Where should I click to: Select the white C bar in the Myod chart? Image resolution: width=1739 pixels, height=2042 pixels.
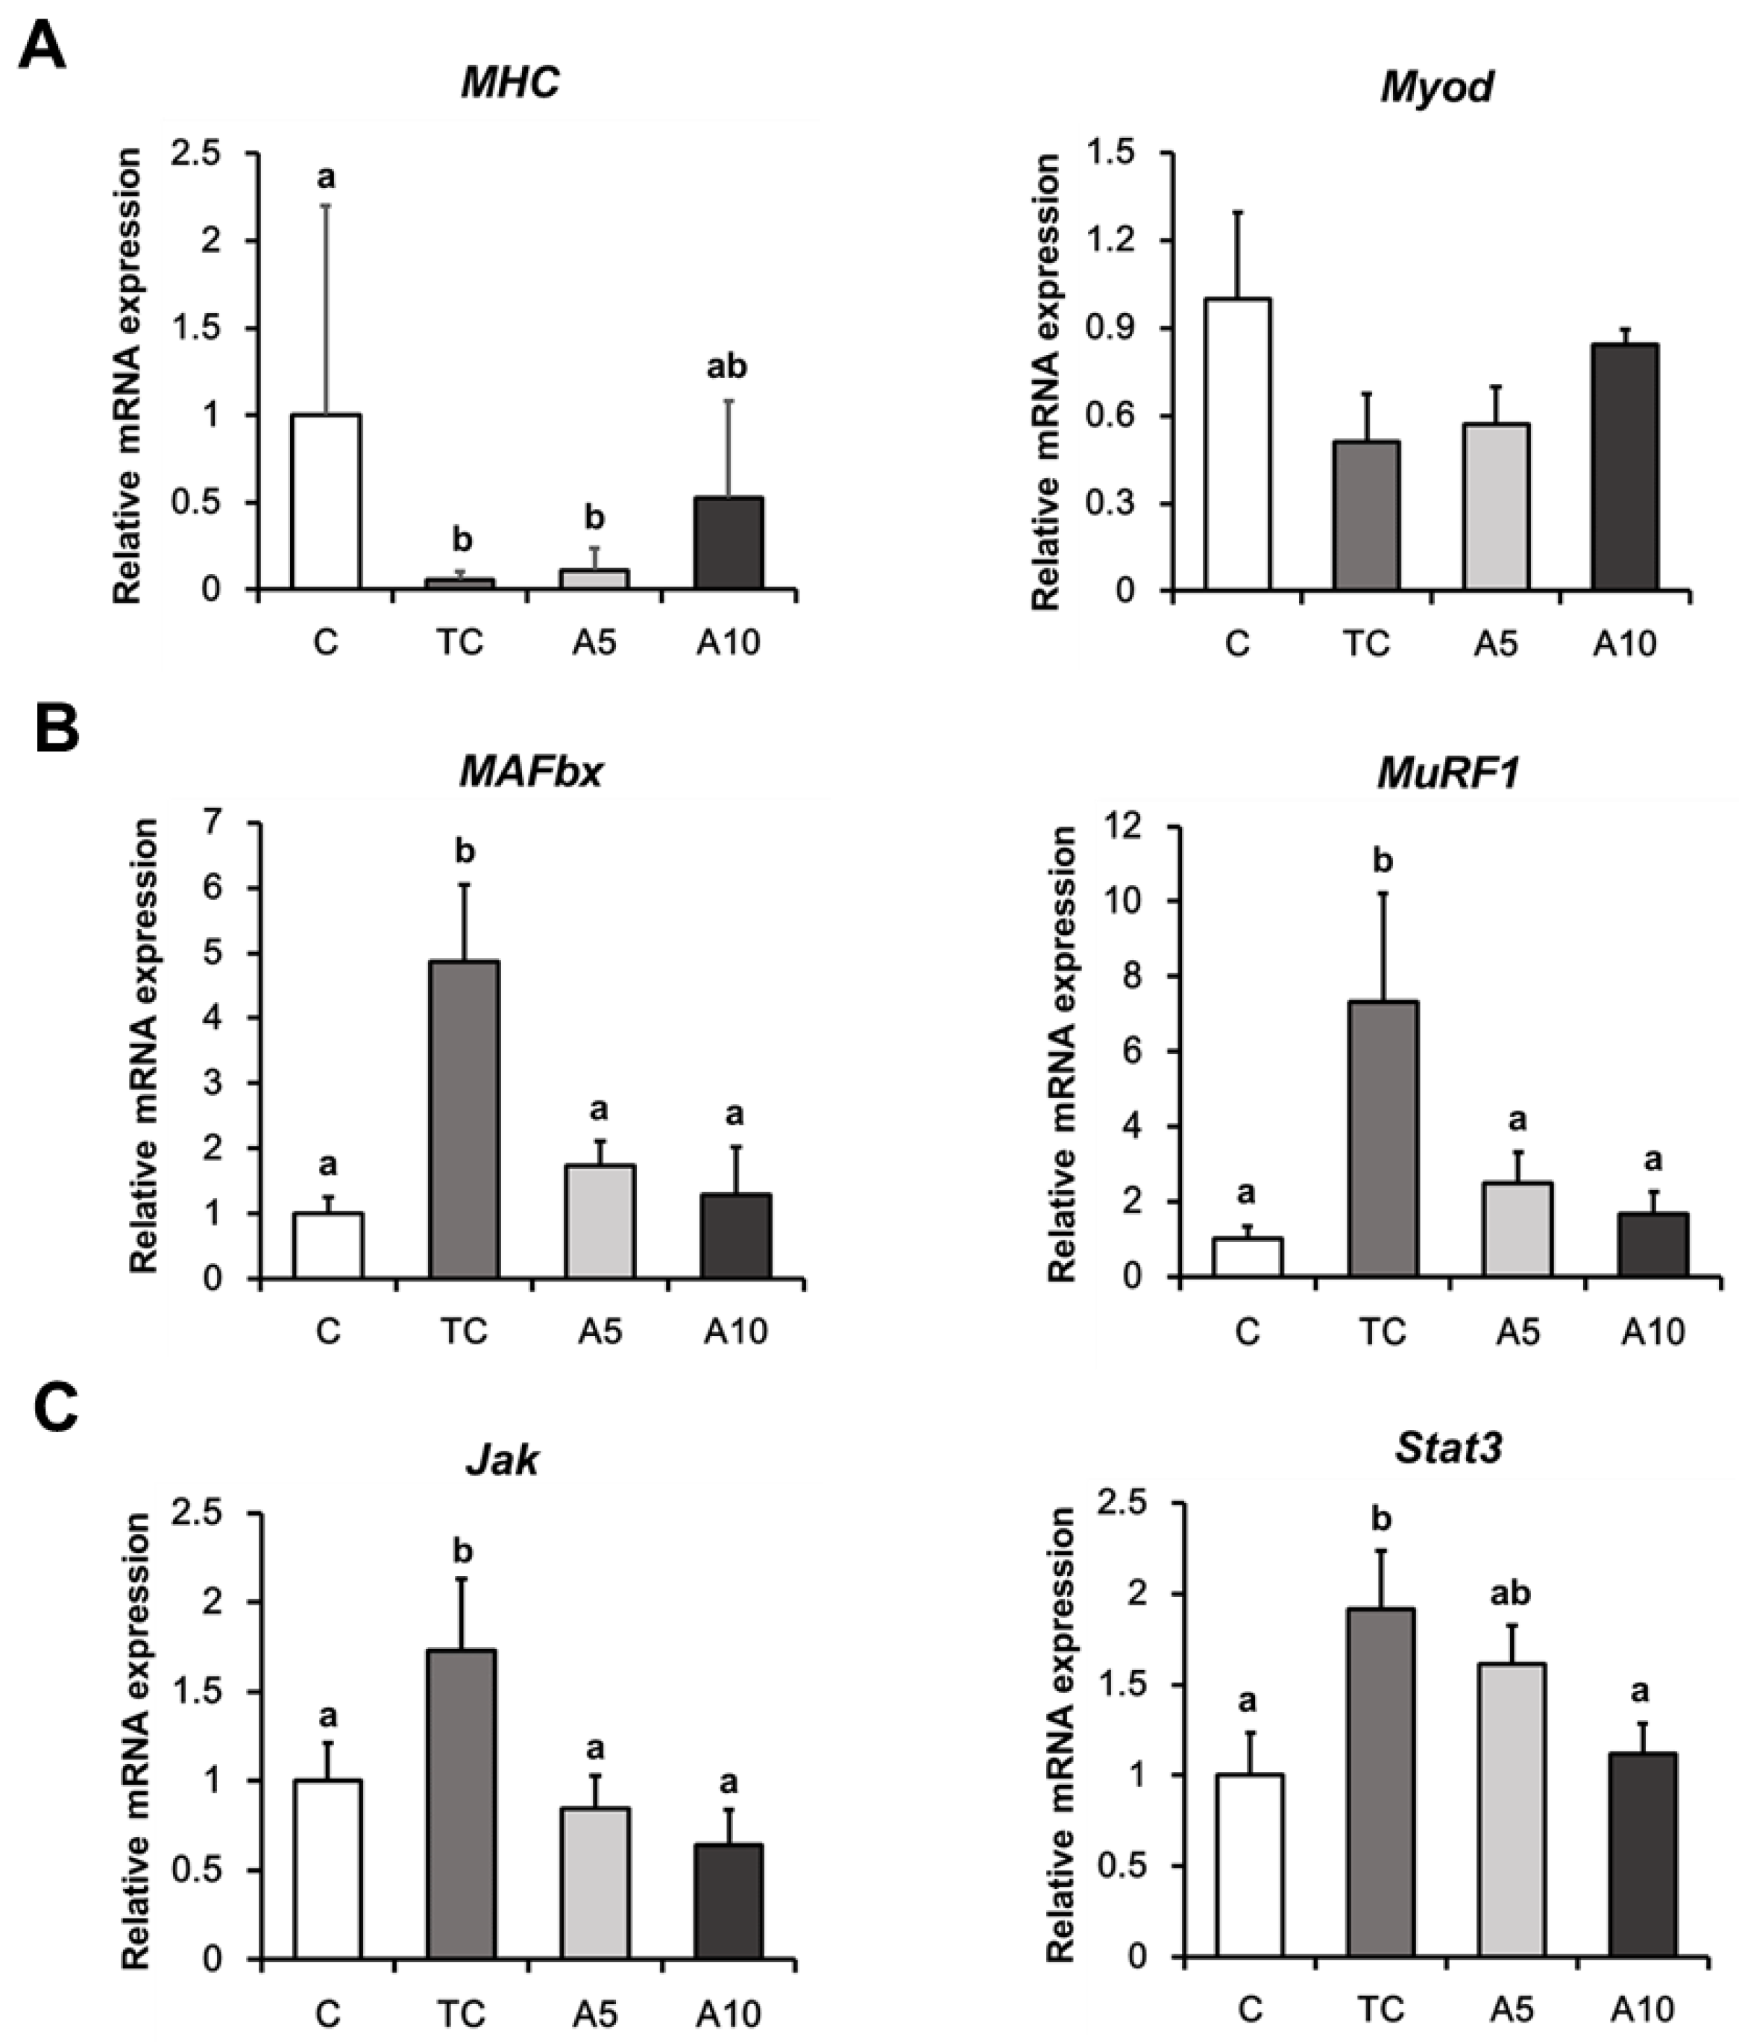point(1236,444)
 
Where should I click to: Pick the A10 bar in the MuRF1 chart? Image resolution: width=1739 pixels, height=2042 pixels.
point(1653,1245)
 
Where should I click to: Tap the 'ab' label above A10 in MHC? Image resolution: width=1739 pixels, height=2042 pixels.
point(726,368)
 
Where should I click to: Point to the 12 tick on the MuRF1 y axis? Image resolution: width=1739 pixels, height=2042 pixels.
point(1125,826)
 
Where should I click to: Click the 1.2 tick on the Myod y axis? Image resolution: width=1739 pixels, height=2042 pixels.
point(1120,242)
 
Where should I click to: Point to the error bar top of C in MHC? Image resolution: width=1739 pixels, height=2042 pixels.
point(327,206)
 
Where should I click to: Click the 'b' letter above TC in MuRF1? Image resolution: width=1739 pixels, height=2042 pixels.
point(1383,863)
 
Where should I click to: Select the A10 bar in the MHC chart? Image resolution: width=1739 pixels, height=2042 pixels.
point(726,544)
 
